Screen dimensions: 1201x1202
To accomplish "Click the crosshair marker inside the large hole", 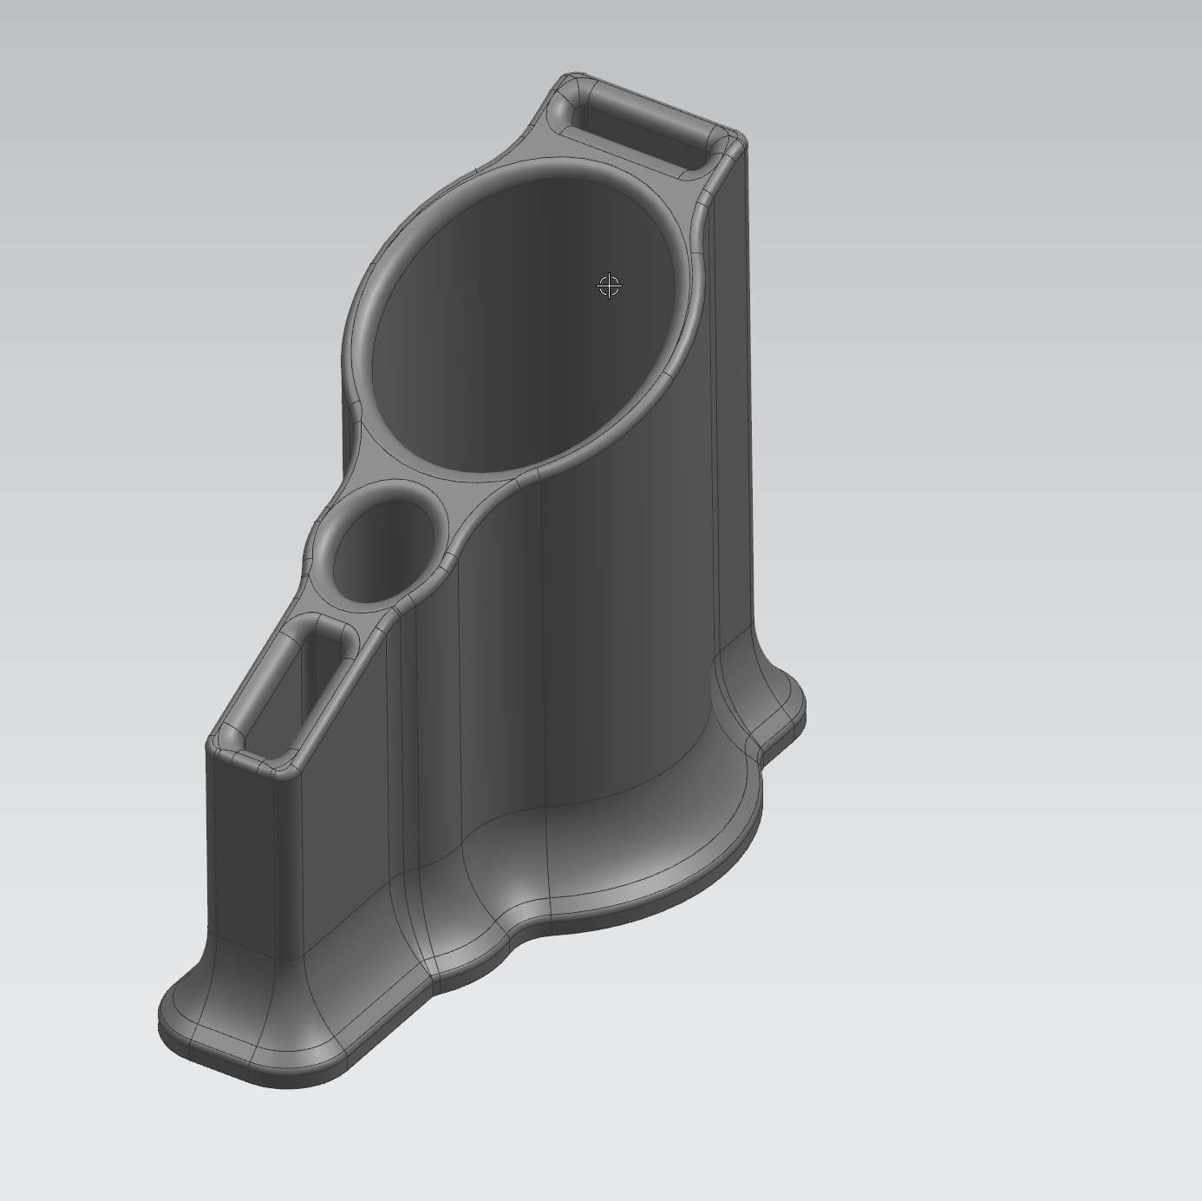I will coord(610,285).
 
